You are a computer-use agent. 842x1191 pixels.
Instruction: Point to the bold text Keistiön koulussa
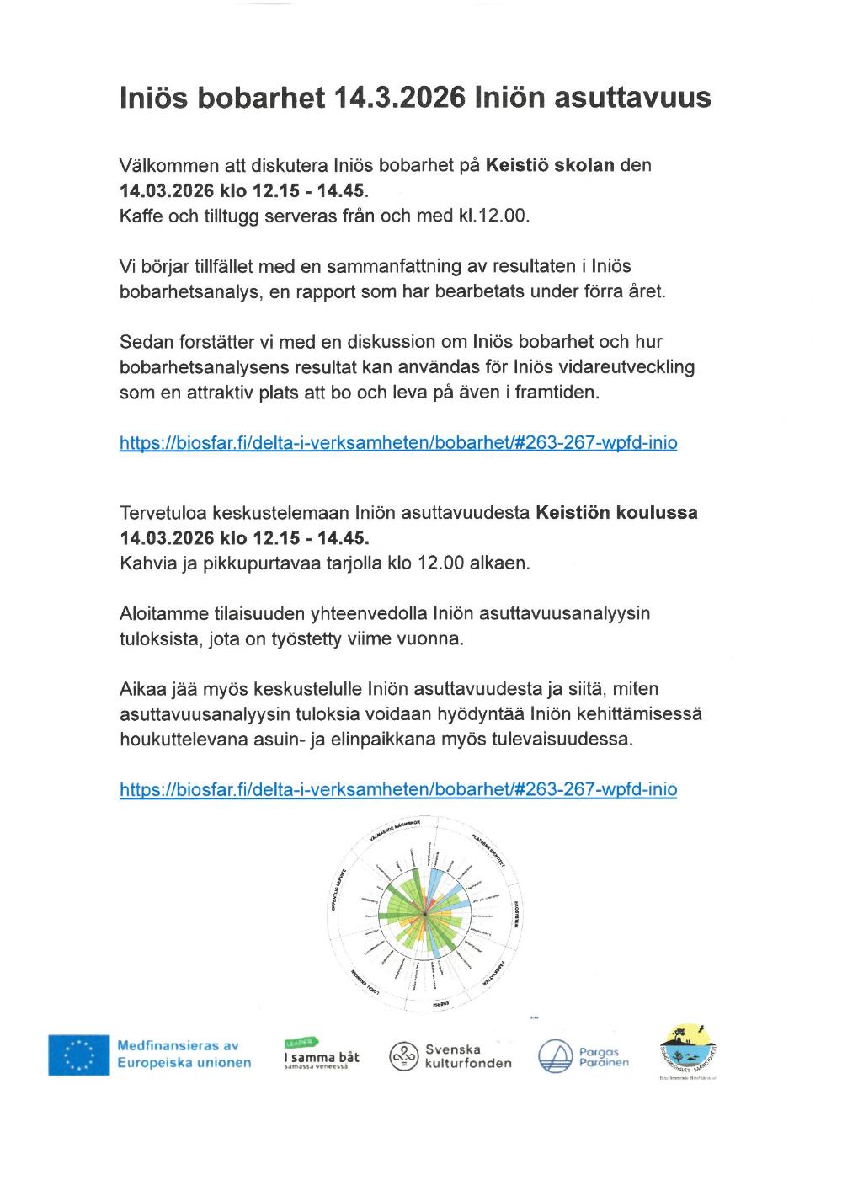click(616, 512)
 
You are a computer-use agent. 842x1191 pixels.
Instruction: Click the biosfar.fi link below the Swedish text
click(398, 442)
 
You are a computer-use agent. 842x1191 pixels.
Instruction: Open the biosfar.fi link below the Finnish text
click(398, 789)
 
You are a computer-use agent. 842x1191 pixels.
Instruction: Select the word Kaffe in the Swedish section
click(141, 216)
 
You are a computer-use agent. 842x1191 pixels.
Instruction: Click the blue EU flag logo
click(78, 1055)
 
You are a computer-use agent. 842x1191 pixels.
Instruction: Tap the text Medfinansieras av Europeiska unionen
click(184, 1054)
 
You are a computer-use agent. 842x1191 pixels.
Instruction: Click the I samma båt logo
click(321, 1055)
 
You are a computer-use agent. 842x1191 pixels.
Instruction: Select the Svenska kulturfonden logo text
click(467, 1056)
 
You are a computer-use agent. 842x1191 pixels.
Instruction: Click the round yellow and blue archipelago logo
click(690, 1049)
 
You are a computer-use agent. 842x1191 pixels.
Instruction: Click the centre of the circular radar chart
click(425, 914)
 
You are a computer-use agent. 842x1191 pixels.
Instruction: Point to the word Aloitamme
click(163, 613)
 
